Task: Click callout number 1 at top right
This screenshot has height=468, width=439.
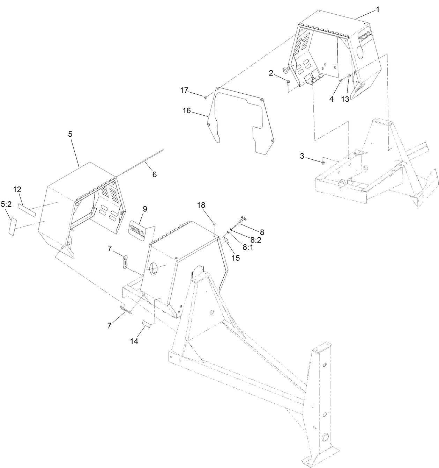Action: pos(378,10)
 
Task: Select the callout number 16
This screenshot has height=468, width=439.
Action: pos(187,110)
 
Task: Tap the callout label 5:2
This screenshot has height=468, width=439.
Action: pos(6,204)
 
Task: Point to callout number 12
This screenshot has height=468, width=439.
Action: pos(17,189)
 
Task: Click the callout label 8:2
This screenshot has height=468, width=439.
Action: pos(256,240)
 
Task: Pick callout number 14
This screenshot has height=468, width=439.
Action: pos(134,341)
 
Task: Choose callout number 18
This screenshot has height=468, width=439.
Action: pos(201,205)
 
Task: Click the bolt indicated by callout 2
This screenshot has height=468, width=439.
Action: pos(288,82)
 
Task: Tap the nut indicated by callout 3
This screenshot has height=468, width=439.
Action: pos(323,162)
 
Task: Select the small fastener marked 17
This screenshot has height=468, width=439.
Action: pos(205,97)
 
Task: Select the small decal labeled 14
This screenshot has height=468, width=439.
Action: pos(147,324)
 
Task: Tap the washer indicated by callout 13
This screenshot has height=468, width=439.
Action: pos(349,75)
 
